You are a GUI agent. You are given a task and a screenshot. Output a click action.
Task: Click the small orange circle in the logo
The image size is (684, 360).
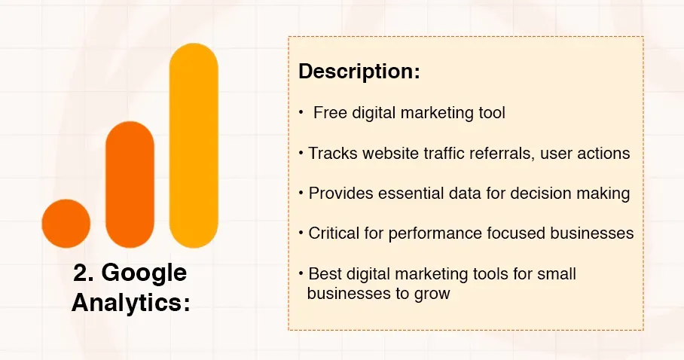point(66,224)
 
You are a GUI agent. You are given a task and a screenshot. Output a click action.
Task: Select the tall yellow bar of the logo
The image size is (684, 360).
point(194,146)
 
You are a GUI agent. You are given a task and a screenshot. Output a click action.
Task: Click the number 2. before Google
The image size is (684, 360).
point(84,273)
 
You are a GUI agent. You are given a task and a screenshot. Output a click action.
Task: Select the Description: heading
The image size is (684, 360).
point(359,72)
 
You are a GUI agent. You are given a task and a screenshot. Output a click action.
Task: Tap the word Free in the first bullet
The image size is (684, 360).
point(328,113)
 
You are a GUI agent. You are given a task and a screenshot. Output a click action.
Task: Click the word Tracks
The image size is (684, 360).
point(332,153)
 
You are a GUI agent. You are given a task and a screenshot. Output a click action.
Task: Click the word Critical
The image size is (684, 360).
point(335,233)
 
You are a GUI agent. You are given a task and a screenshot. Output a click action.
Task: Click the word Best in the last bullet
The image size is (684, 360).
point(324,273)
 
